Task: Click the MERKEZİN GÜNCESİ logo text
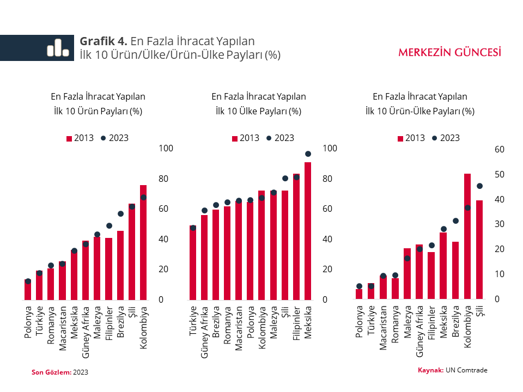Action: click(x=449, y=52)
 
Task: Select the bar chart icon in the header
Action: click(x=57, y=48)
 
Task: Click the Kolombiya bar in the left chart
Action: click(x=143, y=243)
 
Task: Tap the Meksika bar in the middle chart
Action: click(x=308, y=231)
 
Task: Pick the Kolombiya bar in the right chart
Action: click(x=467, y=236)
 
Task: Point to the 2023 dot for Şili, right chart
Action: click(x=479, y=186)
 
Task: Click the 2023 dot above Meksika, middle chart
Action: click(x=308, y=154)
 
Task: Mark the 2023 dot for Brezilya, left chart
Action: click(x=120, y=213)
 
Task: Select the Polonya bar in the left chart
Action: click(x=28, y=290)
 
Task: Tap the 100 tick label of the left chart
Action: click(x=166, y=149)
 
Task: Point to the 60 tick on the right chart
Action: click(x=500, y=149)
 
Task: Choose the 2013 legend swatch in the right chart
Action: click(x=400, y=138)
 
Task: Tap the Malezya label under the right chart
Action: click(x=408, y=322)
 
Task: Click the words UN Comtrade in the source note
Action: click(x=466, y=370)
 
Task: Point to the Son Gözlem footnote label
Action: click(x=51, y=372)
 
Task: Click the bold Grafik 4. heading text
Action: click(x=104, y=41)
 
